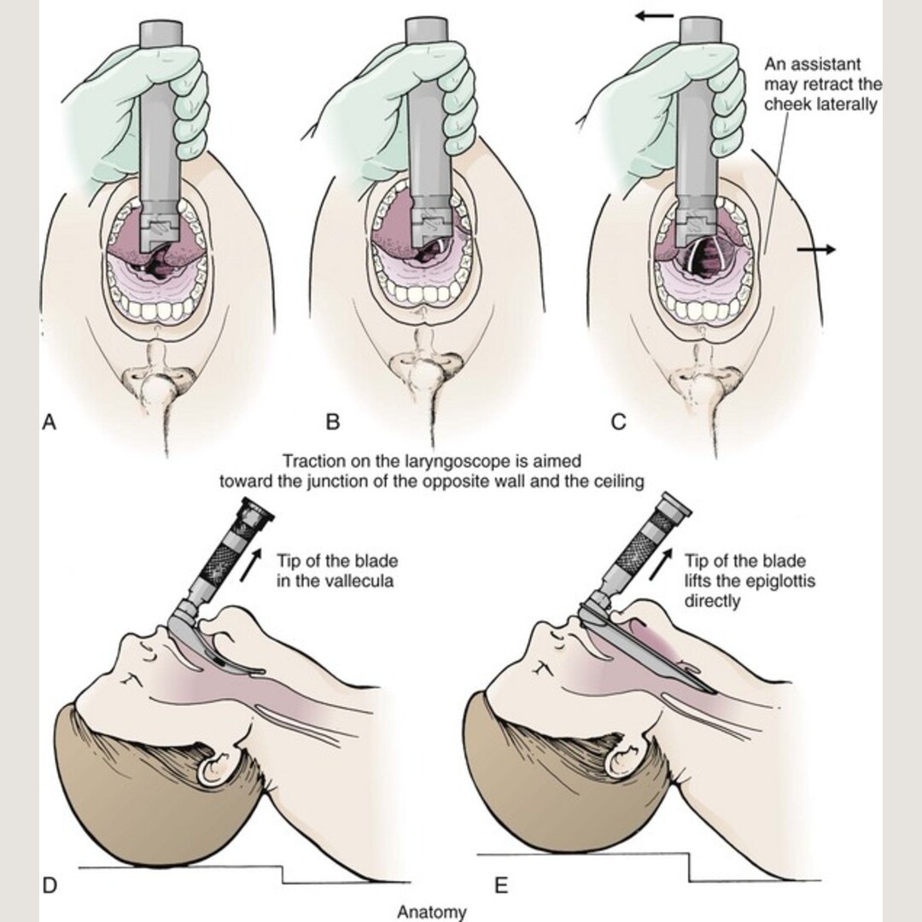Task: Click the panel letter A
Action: [x=50, y=422]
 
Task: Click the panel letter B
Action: [x=333, y=422]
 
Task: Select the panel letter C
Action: [x=618, y=422]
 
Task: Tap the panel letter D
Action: [x=50, y=885]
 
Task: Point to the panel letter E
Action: [x=501, y=885]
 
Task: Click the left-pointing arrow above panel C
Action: [x=656, y=15]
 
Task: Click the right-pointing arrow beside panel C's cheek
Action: [x=816, y=249]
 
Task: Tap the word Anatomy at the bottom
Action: [x=432, y=912]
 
